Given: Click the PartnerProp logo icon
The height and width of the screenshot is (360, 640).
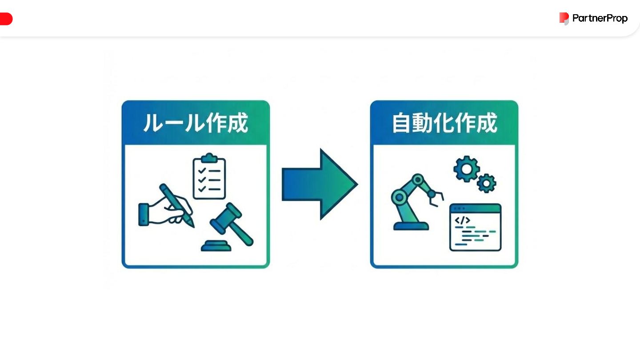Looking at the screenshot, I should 564,18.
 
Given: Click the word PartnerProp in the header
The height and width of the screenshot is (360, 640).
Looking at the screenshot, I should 600,18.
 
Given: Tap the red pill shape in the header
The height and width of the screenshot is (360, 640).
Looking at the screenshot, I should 6,19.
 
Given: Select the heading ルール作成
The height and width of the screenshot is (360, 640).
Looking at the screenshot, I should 196,123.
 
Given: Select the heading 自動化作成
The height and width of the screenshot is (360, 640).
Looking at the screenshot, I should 444,123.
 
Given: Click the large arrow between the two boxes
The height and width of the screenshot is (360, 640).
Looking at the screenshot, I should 320,184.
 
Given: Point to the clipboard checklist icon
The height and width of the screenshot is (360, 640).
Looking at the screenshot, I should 209,178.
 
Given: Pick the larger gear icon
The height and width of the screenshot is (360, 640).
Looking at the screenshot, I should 466,168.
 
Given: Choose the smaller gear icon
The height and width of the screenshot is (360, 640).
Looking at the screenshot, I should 487,183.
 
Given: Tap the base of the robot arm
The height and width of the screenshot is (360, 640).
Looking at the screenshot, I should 411,226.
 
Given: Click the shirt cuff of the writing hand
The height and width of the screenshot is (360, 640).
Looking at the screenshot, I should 144,215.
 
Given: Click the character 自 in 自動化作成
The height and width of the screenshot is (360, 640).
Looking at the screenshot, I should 403,123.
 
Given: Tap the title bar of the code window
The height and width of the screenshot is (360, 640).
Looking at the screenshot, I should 475,208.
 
